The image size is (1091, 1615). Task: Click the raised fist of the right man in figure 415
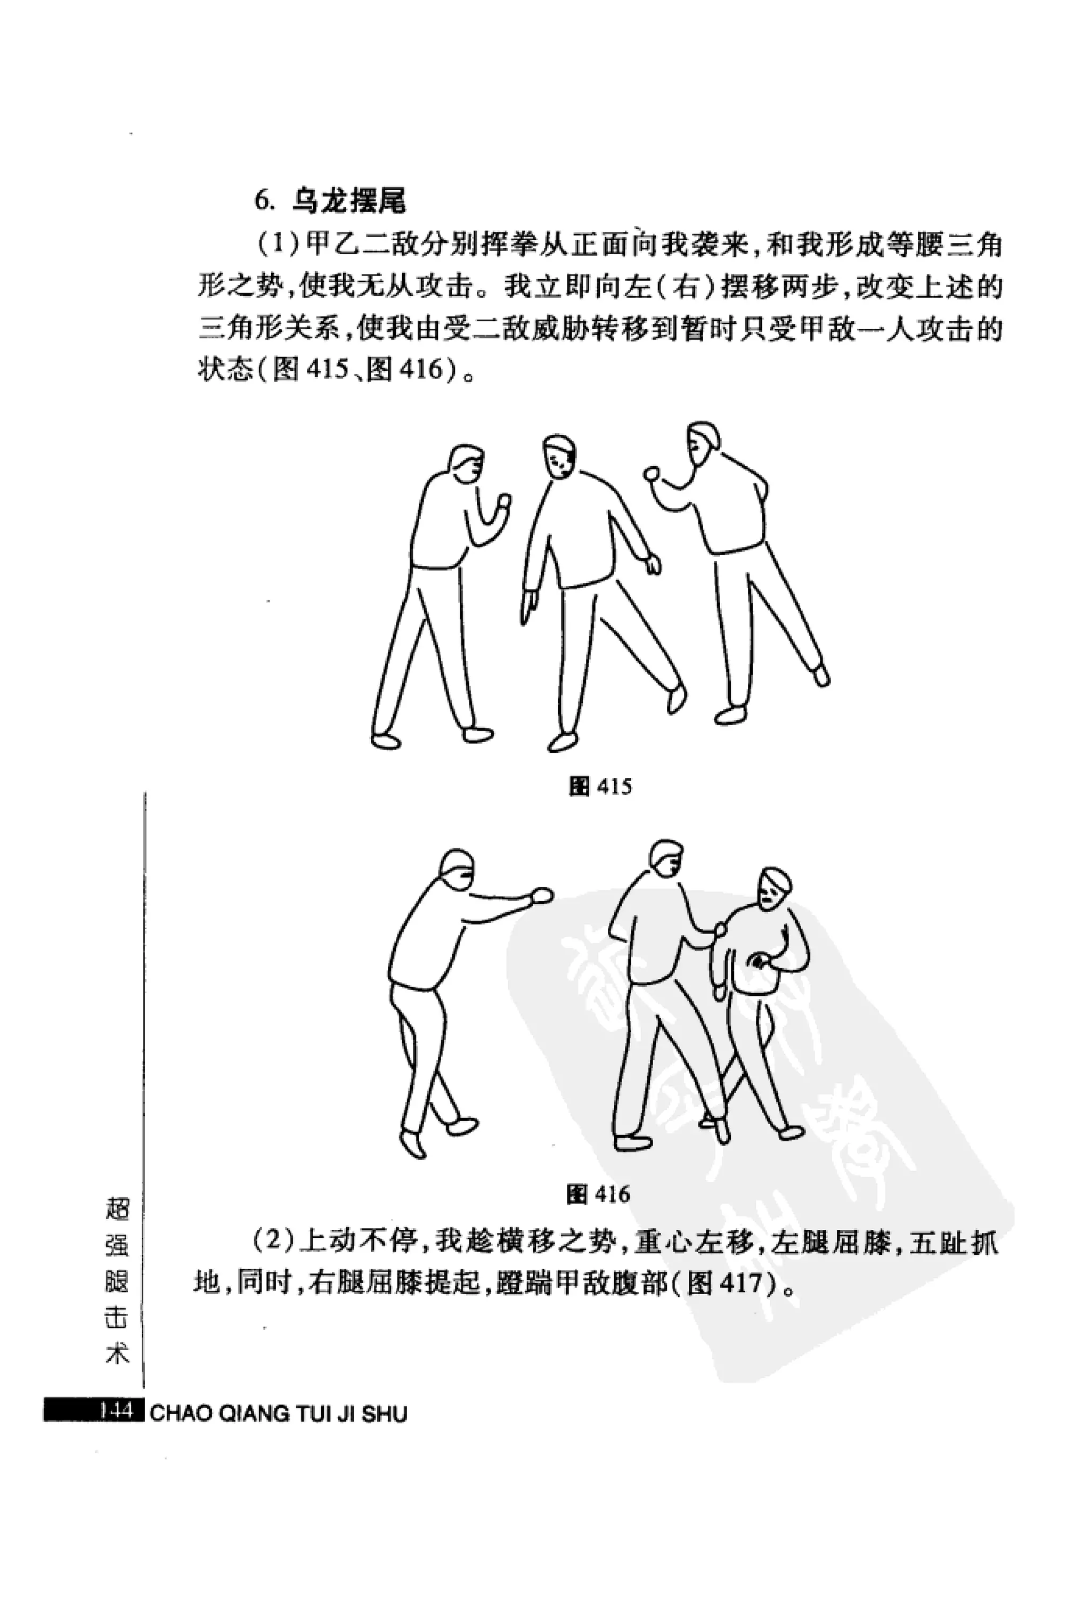click(653, 475)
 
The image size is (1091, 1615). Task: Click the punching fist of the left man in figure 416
click(541, 895)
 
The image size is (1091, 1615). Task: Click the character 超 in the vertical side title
click(117, 1209)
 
